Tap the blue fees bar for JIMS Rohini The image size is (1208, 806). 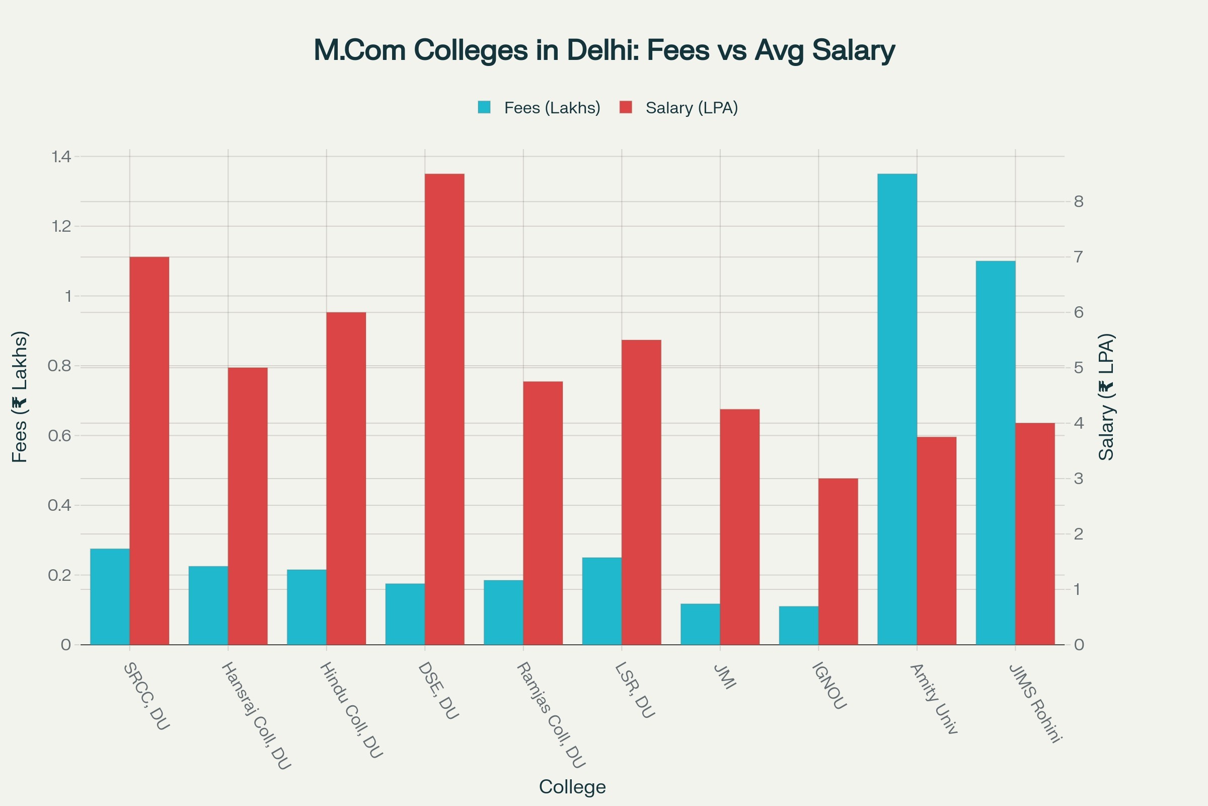[996, 452]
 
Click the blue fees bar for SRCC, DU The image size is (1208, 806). [110, 596]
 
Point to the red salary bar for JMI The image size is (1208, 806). [739, 526]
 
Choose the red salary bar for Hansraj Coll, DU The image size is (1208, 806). [248, 506]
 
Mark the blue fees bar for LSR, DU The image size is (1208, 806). [601, 601]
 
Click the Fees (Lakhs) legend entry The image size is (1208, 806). [539, 108]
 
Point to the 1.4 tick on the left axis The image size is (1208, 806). [61, 157]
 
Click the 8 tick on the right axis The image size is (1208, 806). [1079, 201]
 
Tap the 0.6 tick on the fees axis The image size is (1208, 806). [59, 436]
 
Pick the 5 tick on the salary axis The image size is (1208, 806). [1079, 368]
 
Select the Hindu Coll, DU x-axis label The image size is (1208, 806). [351, 710]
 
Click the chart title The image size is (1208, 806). [604, 50]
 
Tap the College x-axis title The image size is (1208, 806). [572, 787]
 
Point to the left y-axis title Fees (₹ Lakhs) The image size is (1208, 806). [20, 397]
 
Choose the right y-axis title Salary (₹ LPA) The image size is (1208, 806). [1107, 397]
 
